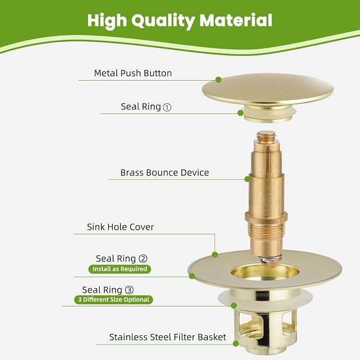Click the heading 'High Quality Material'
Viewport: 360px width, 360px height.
[180, 21]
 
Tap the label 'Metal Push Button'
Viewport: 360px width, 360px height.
[133, 73]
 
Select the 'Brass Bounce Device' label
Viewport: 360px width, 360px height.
[164, 173]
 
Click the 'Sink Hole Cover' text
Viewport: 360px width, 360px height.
[120, 227]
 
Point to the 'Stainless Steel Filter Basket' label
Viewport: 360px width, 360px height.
[168, 337]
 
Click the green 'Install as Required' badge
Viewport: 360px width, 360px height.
[120, 269]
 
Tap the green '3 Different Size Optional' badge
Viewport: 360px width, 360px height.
[113, 300]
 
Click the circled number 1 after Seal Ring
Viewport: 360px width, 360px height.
[167, 108]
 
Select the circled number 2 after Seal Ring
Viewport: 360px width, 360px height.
[143, 259]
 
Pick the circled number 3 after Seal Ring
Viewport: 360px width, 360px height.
[129, 290]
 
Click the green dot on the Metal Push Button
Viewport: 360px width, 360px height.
[218, 80]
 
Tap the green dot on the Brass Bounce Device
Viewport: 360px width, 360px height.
[248, 179]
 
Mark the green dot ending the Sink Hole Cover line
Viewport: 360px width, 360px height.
[215, 254]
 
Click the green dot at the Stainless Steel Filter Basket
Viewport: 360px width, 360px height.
[236, 344]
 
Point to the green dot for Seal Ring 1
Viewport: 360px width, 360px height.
[240, 113]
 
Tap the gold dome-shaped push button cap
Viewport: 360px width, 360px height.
[268, 89]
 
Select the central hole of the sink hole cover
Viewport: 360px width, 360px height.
[265, 273]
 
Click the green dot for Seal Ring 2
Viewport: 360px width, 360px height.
[192, 276]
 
